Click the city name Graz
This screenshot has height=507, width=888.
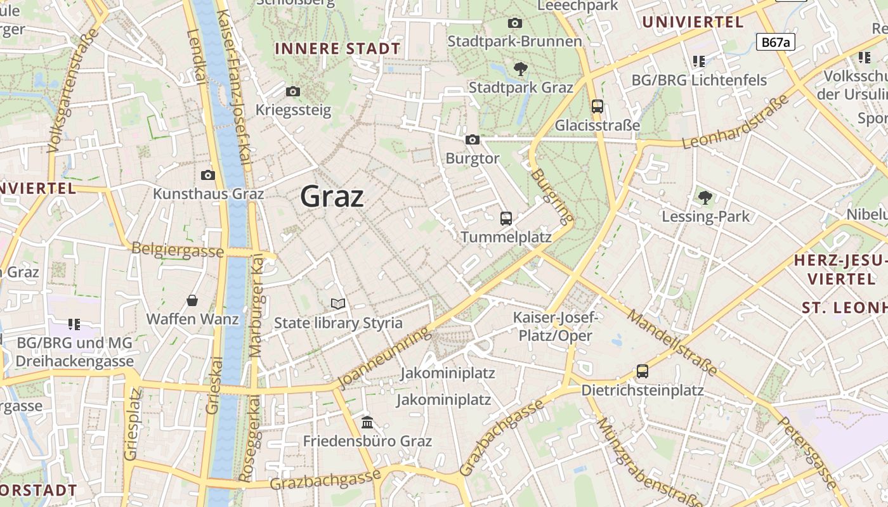tap(332, 196)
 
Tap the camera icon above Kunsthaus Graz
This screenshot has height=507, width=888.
tap(208, 176)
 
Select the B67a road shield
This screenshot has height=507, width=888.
tap(775, 42)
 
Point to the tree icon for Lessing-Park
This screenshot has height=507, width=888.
tap(705, 198)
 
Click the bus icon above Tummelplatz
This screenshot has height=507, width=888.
tap(506, 219)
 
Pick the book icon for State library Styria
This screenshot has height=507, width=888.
tap(338, 305)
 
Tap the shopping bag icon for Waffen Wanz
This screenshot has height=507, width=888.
tap(192, 300)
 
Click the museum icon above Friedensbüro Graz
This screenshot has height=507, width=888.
tap(367, 422)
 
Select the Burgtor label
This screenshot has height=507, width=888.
tap(473, 158)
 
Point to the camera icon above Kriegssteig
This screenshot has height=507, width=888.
tap(293, 92)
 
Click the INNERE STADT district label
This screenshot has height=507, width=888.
tap(337, 49)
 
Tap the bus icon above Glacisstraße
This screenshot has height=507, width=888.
tap(597, 106)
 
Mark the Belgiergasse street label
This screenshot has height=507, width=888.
tap(178, 250)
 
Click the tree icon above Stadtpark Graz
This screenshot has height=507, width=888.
tap(520, 68)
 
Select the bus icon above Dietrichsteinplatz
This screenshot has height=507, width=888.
tap(643, 371)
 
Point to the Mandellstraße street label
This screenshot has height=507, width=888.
tap(673, 342)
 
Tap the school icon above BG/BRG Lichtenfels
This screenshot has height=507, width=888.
tap(699, 61)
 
